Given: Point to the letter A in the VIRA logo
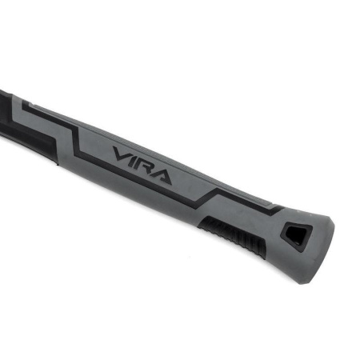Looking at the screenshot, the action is tap(162, 177).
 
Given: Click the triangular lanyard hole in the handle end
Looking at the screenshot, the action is tap(298, 236).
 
